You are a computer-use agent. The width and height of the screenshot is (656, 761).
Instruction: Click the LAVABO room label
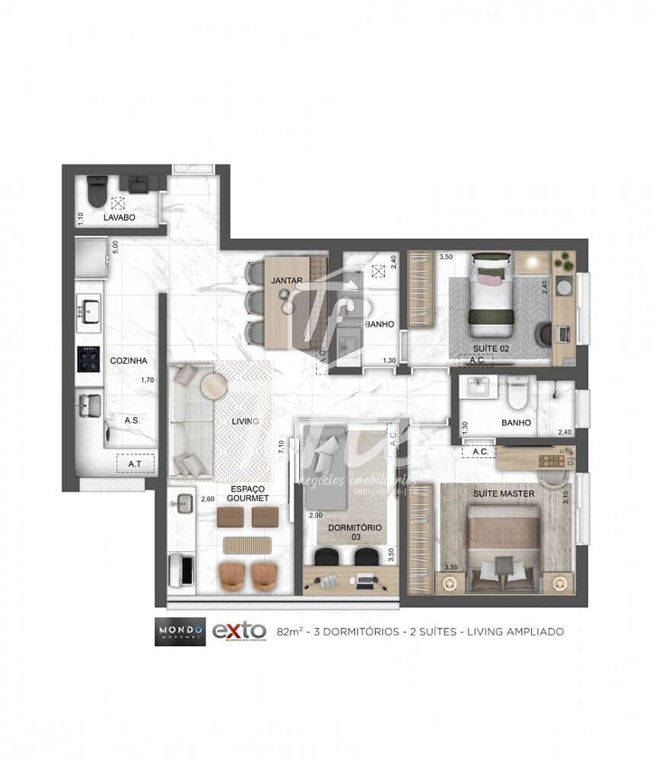coord(119,218)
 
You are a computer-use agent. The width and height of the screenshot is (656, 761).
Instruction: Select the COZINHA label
coord(128,361)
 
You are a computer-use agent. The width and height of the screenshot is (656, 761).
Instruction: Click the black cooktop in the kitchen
coord(89,359)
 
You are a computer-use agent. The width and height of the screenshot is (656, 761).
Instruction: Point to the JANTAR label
coord(287,281)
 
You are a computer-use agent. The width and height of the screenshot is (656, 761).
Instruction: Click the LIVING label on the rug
coord(245,421)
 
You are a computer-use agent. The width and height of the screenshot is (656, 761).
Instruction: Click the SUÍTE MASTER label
coord(504,493)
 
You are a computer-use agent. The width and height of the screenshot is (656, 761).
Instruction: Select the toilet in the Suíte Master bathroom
coord(517,393)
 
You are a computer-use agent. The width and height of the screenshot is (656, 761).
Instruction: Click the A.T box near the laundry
coord(135,463)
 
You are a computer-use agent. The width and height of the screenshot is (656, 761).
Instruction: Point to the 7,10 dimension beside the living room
coord(282,447)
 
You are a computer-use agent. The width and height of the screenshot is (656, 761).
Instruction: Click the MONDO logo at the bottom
coord(180,631)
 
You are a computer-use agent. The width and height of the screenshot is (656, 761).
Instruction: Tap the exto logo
coord(238,631)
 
